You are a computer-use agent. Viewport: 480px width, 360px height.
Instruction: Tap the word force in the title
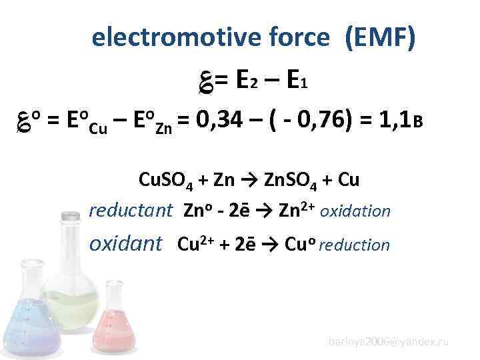coord(297,39)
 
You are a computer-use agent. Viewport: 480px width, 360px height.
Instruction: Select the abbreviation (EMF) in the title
coord(380,39)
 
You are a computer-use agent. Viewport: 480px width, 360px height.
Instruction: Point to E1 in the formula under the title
coord(295,81)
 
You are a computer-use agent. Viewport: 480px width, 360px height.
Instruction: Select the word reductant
coord(131,211)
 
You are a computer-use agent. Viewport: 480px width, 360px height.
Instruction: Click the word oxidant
coord(126,244)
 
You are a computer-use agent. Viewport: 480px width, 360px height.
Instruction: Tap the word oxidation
coord(355,211)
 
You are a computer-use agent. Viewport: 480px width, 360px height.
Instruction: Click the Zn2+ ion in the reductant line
coord(297,210)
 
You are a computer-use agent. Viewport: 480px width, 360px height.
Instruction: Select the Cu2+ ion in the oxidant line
coord(193,244)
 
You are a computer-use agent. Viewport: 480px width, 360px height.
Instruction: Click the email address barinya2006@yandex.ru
coord(388,341)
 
